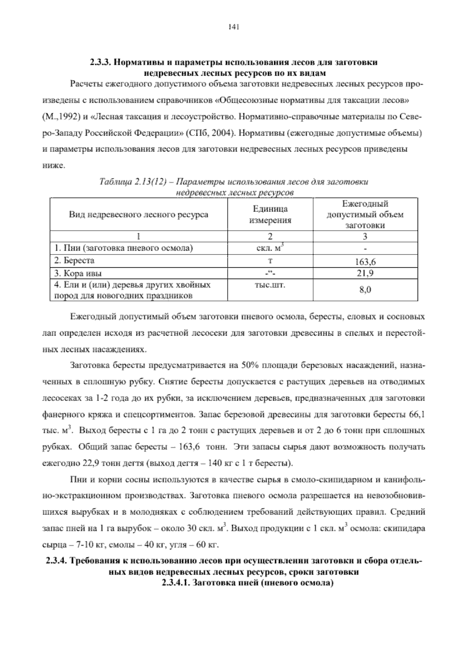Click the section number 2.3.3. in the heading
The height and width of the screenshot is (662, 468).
pyautogui.click(x=100, y=63)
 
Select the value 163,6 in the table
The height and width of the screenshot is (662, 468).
pyautogui.click(x=365, y=262)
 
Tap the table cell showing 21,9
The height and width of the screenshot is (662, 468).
pyautogui.click(x=365, y=273)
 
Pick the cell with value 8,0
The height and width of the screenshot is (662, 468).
pyautogui.click(x=365, y=290)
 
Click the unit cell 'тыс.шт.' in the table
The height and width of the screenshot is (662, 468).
pyautogui.click(x=269, y=285)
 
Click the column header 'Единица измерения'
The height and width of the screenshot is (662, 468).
pyautogui.click(x=270, y=215)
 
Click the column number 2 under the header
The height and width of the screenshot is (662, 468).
pyautogui.click(x=270, y=237)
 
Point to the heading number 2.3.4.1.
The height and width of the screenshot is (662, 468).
pyautogui.click(x=175, y=584)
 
